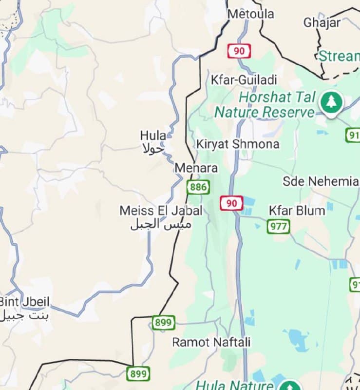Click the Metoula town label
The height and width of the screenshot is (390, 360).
[251, 14]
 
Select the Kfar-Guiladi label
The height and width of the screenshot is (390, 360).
[244, 80]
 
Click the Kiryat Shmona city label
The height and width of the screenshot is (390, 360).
[238, 144]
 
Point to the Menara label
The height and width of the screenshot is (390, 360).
[196, 168]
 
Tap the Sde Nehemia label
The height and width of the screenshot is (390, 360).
[321, 181]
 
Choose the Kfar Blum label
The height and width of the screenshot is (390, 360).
[297, 211]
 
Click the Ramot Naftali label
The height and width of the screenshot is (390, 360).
[211, 342]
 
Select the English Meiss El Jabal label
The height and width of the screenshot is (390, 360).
[161, 211]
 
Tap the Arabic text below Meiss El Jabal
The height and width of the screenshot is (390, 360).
[160, 225]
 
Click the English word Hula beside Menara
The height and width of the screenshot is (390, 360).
[152, 135]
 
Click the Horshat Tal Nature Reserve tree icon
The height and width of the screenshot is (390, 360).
[331, 102]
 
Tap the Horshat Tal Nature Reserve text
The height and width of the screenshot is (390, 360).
[265, 104]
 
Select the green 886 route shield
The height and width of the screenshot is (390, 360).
[198, 187]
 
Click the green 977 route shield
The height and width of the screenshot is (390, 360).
[278, 226]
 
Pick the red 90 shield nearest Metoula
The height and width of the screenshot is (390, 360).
[239, 51]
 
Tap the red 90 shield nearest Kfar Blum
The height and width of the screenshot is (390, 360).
[231, 203]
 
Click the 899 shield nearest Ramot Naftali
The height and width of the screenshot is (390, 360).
[163, 323]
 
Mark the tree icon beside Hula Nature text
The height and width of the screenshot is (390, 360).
[291, 385]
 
